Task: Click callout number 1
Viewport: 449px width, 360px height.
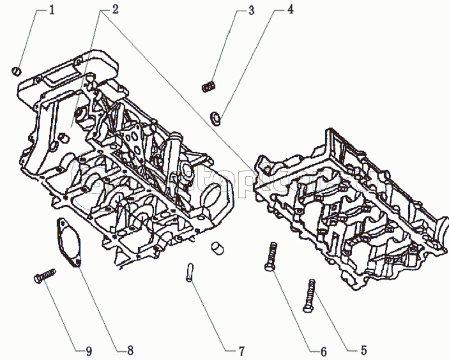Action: tap(53, 11)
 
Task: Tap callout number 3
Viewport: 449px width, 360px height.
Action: tap(251, 10)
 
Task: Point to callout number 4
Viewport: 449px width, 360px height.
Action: tap(291, 10)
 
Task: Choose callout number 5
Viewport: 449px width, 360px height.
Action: tap(363, 349)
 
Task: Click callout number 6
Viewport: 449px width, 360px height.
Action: tap(323, 350)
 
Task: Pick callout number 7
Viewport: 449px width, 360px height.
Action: tap(242, 350)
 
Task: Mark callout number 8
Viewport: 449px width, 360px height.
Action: tap(130, 350)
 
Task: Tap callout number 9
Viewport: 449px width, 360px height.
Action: tap(89, 350)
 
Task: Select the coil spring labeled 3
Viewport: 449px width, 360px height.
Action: tap(208, 86)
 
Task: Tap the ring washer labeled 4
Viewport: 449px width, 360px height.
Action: tap(215, 117)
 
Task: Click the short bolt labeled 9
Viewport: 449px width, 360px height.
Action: tap(44, 278)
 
